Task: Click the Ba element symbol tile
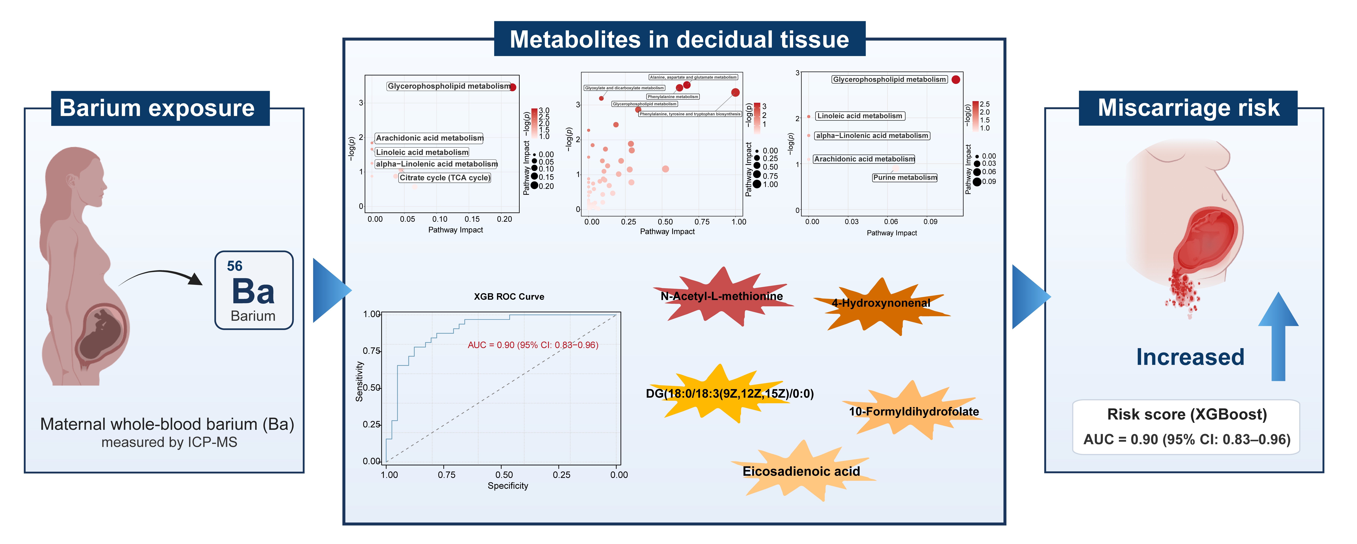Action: point(253,290)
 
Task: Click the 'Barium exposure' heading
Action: point(157,108)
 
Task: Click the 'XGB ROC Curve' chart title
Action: point(509,296)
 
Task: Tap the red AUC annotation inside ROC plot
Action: point(533,345)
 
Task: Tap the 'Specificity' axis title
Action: point(507,486)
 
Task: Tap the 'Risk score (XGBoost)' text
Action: point(1187,414)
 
